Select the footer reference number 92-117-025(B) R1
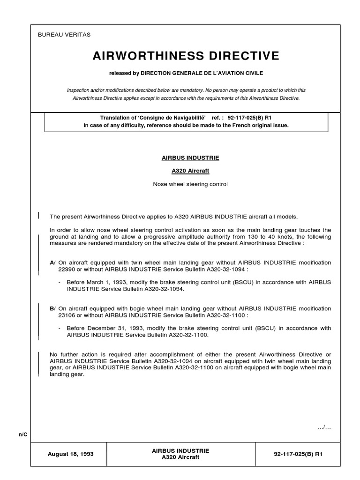(x=298, y=454)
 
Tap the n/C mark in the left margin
(x=23, y=435)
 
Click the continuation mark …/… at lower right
(x=324, y=426)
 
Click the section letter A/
(x=52, y=262)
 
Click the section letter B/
(x=52, y=308)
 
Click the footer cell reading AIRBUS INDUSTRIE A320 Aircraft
(x=180, y=454)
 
